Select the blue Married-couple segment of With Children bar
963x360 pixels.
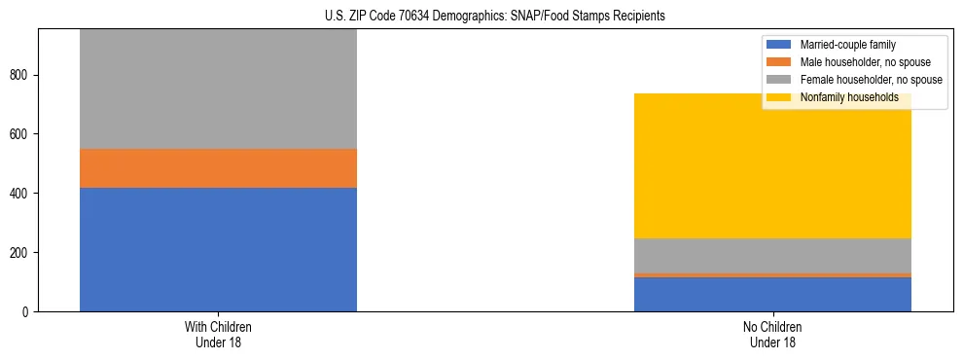pyautogui.click(x=218, y=249)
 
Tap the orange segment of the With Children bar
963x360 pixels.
pyautogui.click(x=218, y=167)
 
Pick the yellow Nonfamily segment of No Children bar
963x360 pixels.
pyautogui.click(x=772, y=166)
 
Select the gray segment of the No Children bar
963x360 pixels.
pyautogui.click(x=772, y=256)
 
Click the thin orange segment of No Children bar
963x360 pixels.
pyautogui.click(x=772, y=275)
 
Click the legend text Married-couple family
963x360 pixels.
pyautogui.click(x=847, y=45)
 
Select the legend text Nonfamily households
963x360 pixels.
pyautogui.click(x=848, y=97)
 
